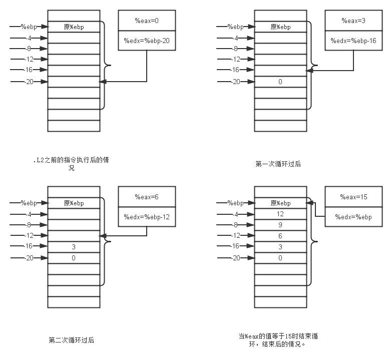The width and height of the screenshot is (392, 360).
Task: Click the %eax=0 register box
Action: point(147,20)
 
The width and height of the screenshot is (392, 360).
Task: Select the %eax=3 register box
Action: point(353,21)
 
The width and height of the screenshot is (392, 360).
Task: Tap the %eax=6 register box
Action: point(147,197)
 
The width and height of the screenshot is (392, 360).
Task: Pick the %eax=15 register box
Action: point(353,197)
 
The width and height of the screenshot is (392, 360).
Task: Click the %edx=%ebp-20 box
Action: point(147,41)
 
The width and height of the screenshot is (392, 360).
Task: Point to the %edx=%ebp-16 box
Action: point(353,41)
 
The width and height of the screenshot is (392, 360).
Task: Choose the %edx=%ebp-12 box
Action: point(147,217)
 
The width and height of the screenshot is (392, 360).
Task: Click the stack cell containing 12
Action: point(280,214)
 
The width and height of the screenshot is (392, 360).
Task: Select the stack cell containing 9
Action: point(280,225)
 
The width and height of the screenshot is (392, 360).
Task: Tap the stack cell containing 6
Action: point(280,236)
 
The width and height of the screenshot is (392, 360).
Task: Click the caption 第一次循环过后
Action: point(278,164)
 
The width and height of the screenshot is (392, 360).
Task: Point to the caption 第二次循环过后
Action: point(72,340)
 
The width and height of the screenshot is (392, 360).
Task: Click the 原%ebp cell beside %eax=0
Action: point(74,27)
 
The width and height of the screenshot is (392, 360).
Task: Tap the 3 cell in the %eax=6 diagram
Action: point(74,247)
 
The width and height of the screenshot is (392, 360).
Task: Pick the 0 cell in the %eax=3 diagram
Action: point(280,82)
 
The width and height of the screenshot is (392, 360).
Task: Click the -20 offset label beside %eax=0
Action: point(29,82)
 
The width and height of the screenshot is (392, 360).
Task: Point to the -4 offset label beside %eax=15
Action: point(235,214)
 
